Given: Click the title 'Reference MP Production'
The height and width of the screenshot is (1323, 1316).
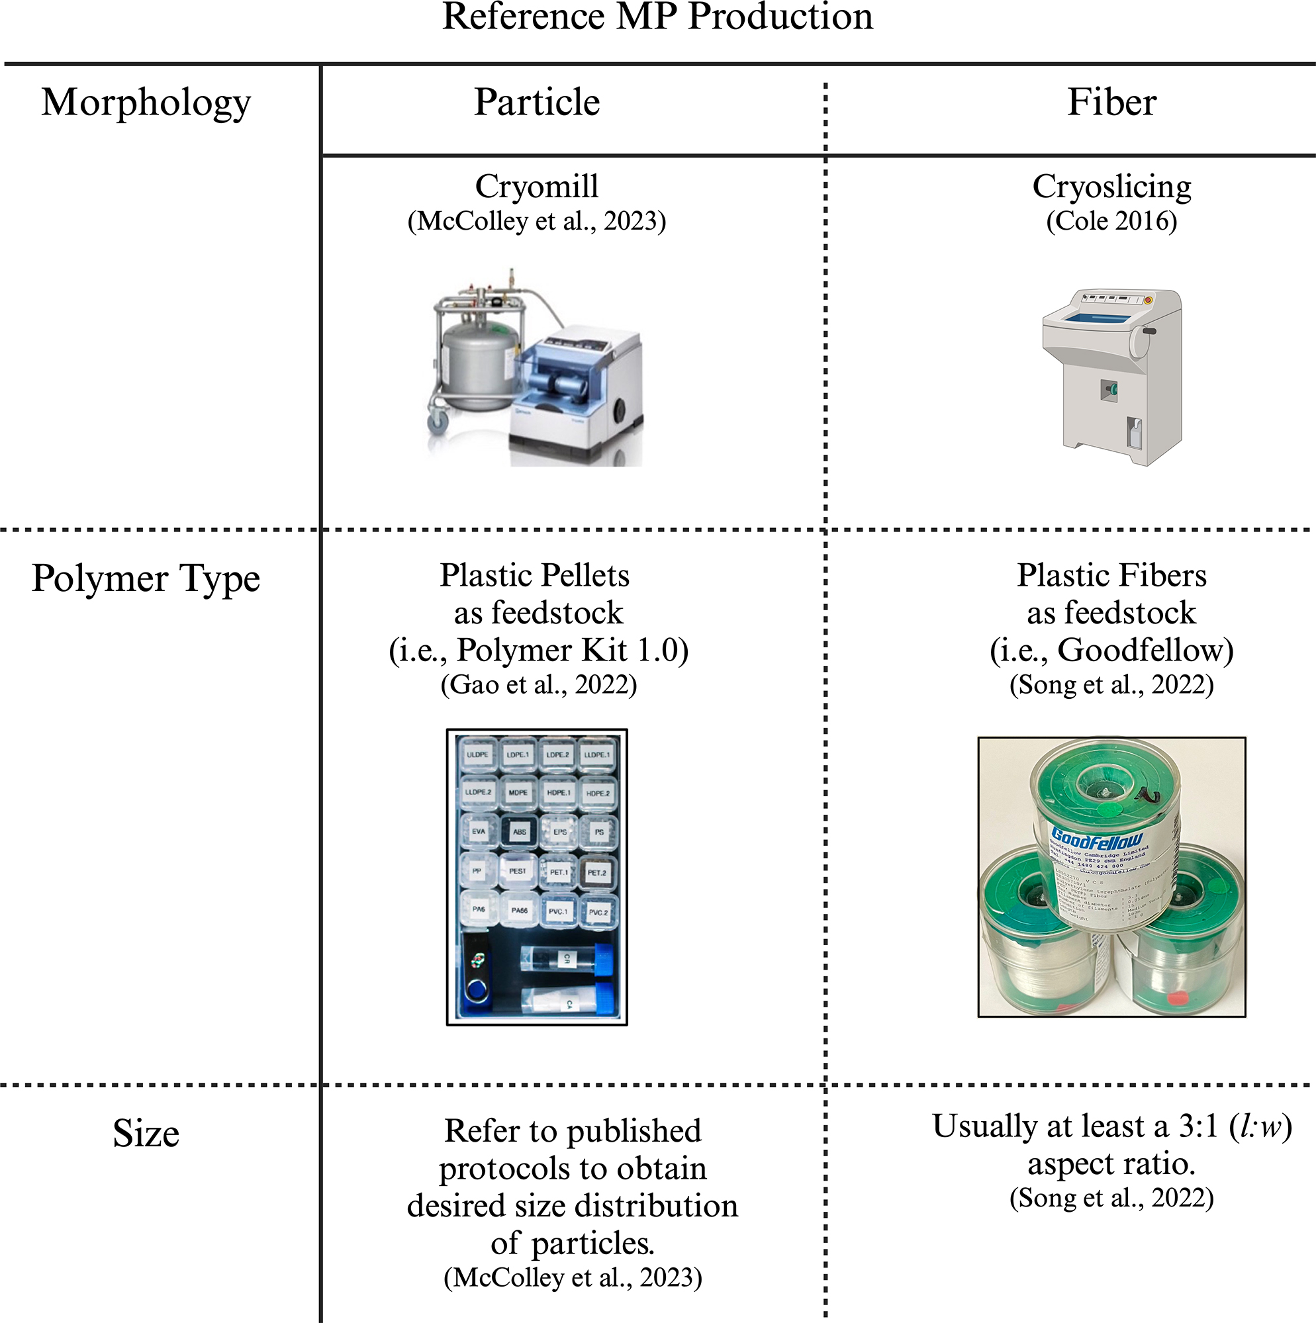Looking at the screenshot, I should pyautogui.click(x=657, y=17).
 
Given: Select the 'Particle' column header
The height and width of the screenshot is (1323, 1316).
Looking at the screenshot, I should pyautogui.click(x=537, y=103).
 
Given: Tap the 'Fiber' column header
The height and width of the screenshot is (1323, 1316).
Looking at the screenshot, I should pyautogui.click(x=1112, y=103).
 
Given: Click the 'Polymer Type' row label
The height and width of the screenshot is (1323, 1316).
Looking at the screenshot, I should pyautogui.click(x=146, y=578).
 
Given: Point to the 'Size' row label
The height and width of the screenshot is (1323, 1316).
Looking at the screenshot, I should pyautogui.click(x=146, y=1133).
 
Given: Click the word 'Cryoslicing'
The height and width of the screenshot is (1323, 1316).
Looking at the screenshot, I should pyautogui.click(x=1112, y=186).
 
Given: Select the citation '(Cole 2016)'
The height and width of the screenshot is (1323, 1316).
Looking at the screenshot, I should pyautogui.click(x=1112, y=221).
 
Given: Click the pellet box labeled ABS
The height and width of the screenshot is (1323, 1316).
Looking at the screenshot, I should pyautogui.click(x=519, y=832).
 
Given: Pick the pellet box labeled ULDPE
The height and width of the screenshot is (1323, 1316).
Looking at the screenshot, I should pyautogui.click(x=477, y=754).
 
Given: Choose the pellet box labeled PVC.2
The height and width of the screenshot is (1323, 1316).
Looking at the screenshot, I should pyautogui.click(x=598, y=912).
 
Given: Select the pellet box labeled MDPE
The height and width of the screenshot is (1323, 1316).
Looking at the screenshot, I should pyautogui.click(x=518, y=792).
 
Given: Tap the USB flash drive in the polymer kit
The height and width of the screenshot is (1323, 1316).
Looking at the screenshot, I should pyautogui.click(x=477, y=974).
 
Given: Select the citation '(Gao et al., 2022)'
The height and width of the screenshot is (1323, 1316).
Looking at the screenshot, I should pyautogui.click(x=538, y=685).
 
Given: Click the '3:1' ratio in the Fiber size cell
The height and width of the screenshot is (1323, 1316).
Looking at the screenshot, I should pyautogui.click(x=1198, y=1126).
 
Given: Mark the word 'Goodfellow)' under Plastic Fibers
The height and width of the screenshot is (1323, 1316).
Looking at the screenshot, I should pyautogui.click(x=1145, y=650).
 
